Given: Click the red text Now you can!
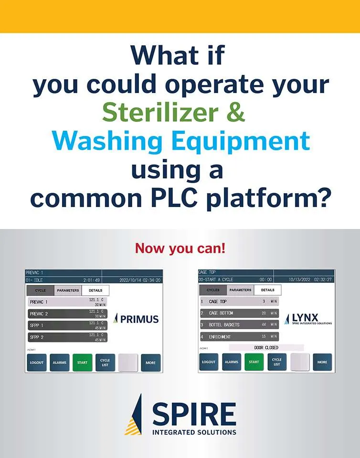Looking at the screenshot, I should pos(180,248).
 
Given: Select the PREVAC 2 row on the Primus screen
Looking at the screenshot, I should pos(67,313).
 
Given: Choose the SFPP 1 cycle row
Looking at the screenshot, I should pos(67,325).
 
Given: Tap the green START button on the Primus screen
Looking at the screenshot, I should pos(82,363).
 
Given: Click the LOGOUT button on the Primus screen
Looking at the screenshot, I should pos(37,363).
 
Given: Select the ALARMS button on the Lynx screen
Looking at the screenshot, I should pos(232,362).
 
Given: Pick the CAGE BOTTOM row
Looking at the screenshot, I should pos(238,313).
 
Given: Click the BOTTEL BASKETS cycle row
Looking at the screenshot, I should pos(238,324).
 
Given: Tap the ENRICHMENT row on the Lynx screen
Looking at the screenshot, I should pos(238,336).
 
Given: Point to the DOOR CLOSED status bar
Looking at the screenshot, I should pos(266,347).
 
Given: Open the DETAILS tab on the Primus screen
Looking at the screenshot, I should pos(95,290).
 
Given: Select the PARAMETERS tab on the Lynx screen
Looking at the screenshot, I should pos(240,290).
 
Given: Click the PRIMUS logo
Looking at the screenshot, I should pos(137,319).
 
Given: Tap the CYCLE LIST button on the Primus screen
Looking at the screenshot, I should pos(105,363).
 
